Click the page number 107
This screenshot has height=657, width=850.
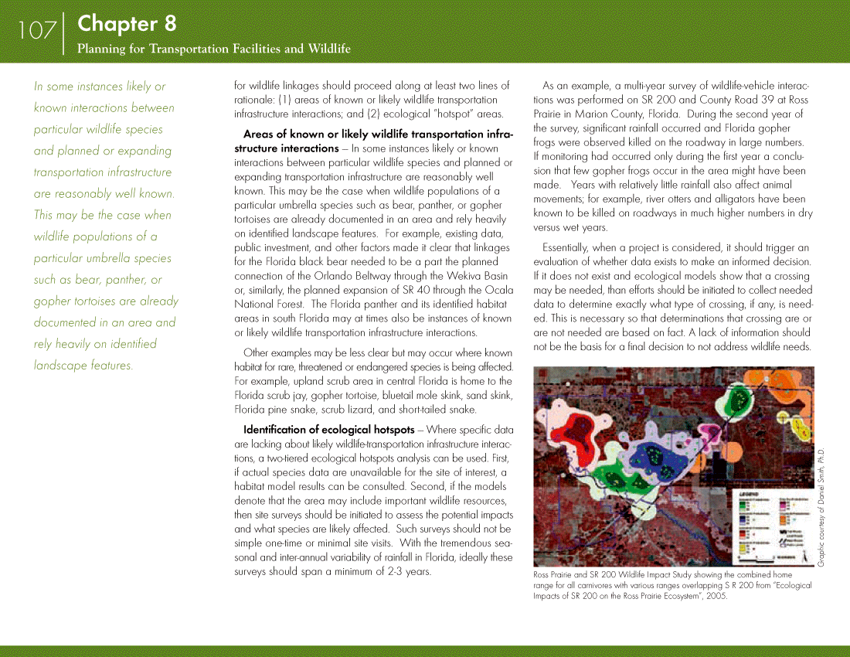(37, 31)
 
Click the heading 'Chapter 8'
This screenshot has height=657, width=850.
(127, 24)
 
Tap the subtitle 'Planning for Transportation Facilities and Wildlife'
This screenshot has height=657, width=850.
(213, 49)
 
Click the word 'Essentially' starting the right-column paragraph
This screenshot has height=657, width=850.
(567, 247)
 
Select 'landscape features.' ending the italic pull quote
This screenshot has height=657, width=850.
(83, 365)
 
